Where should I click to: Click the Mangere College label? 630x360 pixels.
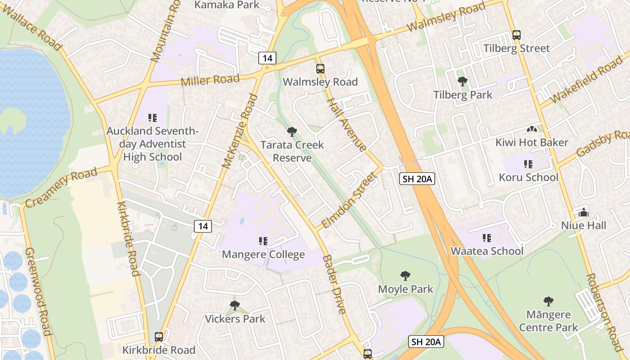coord(263,255)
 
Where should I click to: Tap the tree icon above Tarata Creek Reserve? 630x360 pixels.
coord(292,132)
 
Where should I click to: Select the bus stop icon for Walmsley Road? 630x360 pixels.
coord(320,69)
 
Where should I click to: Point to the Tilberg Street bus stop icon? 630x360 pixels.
coord(517,35)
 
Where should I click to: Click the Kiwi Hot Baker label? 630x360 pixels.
coord(531,143)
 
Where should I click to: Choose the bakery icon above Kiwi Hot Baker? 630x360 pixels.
coord(531,130)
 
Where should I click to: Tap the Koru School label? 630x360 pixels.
coord(528,177)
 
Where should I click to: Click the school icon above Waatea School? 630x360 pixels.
coord(486,238)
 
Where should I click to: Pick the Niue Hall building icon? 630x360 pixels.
coord(584,212)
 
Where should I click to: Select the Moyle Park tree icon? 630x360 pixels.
coord(405,276)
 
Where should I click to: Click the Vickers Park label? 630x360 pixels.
coord(235,319)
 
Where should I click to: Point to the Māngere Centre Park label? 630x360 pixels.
coord(548,321)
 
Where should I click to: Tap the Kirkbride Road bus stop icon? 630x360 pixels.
coord(159,337)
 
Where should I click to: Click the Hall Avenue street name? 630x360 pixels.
coord(346,125)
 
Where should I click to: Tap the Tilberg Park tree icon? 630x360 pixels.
coord(462,81)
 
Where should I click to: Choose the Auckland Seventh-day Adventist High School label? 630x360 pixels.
coord(153,144)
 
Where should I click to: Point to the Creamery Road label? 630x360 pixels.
coord(61,187)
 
